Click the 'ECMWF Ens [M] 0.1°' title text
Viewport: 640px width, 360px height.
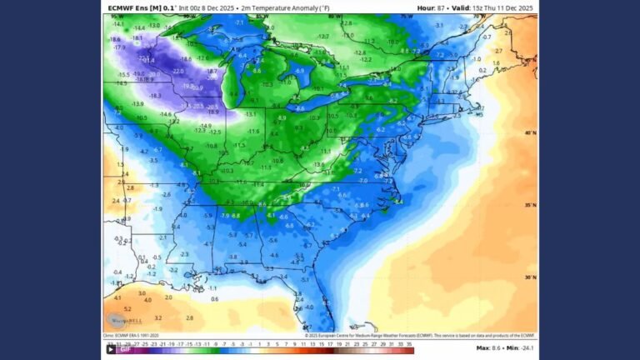[x=142, y=7]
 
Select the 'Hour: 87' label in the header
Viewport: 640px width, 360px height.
[x=431, y=7]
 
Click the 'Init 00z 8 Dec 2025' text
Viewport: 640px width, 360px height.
[x=208, y=7]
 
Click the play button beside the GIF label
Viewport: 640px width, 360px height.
[x=111, y=349]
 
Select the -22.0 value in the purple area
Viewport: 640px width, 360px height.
[x=177, y=71]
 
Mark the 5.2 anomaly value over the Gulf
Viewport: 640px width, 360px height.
[x=127, y=308]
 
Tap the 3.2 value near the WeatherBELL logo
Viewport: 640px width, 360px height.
[x=157, y=317]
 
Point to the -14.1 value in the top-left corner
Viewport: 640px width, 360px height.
[x=117, y=23]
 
